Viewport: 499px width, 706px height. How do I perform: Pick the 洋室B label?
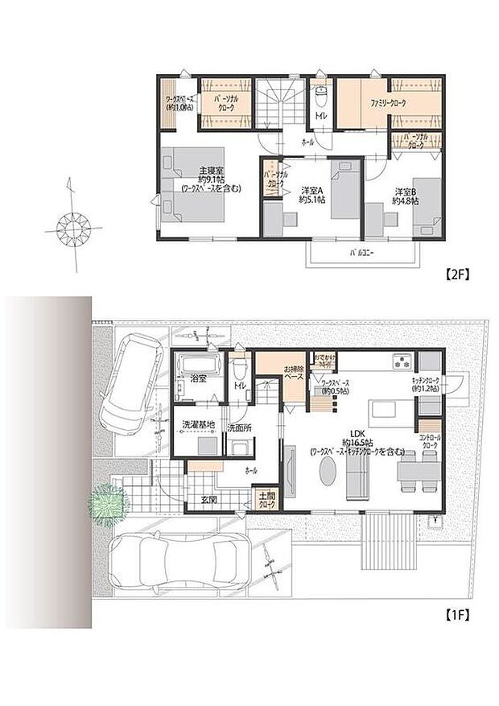[x=406, y=192]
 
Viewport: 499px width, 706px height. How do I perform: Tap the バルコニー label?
[x=361, y=253]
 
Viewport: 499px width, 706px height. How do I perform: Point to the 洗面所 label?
[x=239, y=427]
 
